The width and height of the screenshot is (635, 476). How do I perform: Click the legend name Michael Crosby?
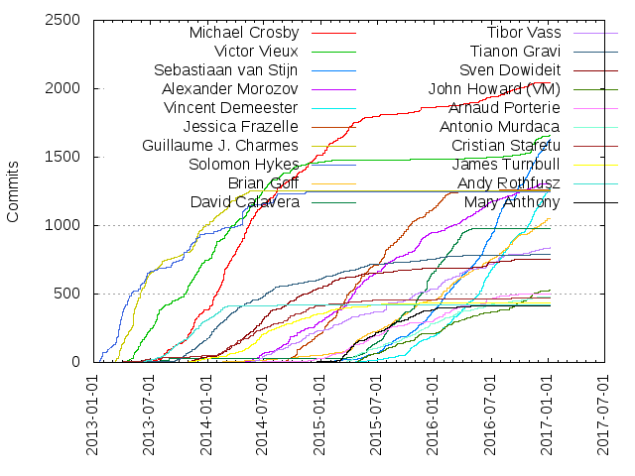click(244, 33)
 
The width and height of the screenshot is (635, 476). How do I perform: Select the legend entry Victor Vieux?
click(256, 52)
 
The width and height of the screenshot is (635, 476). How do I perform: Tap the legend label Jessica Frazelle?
click(241, 127)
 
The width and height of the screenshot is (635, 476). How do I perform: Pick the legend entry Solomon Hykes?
click(243, 165)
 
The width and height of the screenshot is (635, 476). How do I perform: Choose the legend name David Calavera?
click(244, 202)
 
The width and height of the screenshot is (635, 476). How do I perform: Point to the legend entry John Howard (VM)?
click(493, 89)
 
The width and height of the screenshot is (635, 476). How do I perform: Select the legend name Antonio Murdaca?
click(500, 127)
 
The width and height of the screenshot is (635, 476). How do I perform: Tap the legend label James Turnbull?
click(506, 165)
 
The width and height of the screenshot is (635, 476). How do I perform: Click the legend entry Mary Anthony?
click(511, 202)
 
